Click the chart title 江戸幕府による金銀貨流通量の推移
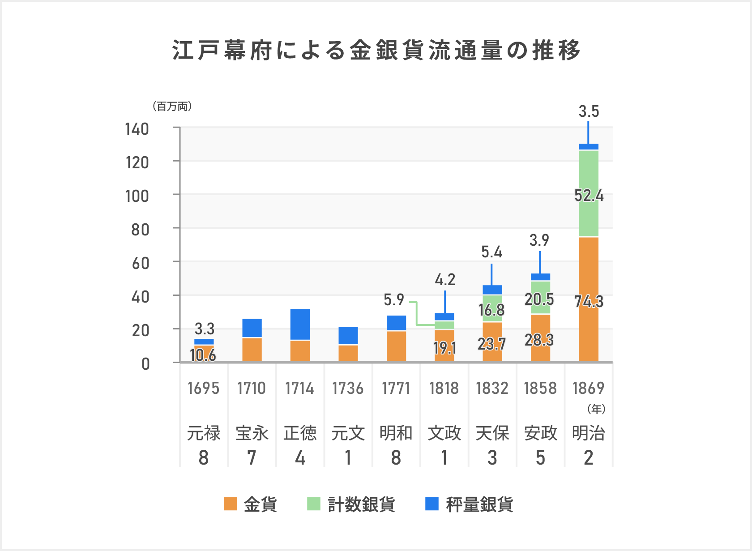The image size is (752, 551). [x=376, y=50]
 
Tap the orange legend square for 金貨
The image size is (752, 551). [x=230, y=504]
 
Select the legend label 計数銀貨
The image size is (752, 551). [x=361, y=504]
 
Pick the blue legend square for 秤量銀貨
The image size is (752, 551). [x=432, y=504]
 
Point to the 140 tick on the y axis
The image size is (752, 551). [x=137, y=129]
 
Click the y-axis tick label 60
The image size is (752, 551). [x=140, y=264]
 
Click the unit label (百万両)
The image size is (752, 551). [x=172, y=107]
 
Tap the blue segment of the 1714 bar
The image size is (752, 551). [x=300, y=324]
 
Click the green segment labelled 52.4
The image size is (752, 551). [x=589, y=196]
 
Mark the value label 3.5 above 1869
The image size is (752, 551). [x=589, y=111]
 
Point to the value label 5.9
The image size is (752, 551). [x=393, y=300]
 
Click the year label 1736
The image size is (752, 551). [x=348, y=388]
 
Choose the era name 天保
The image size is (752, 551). [x=492, y=433]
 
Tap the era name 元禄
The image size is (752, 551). [x=204, y=433]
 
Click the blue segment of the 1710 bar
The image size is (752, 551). [x=252, y=328]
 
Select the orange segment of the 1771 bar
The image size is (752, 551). [x=396, y=346]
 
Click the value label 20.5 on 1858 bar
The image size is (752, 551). [x=539, y=299]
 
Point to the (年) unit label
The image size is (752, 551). [x=596, y=409]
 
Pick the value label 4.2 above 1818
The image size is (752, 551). [x=445, y=280]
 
